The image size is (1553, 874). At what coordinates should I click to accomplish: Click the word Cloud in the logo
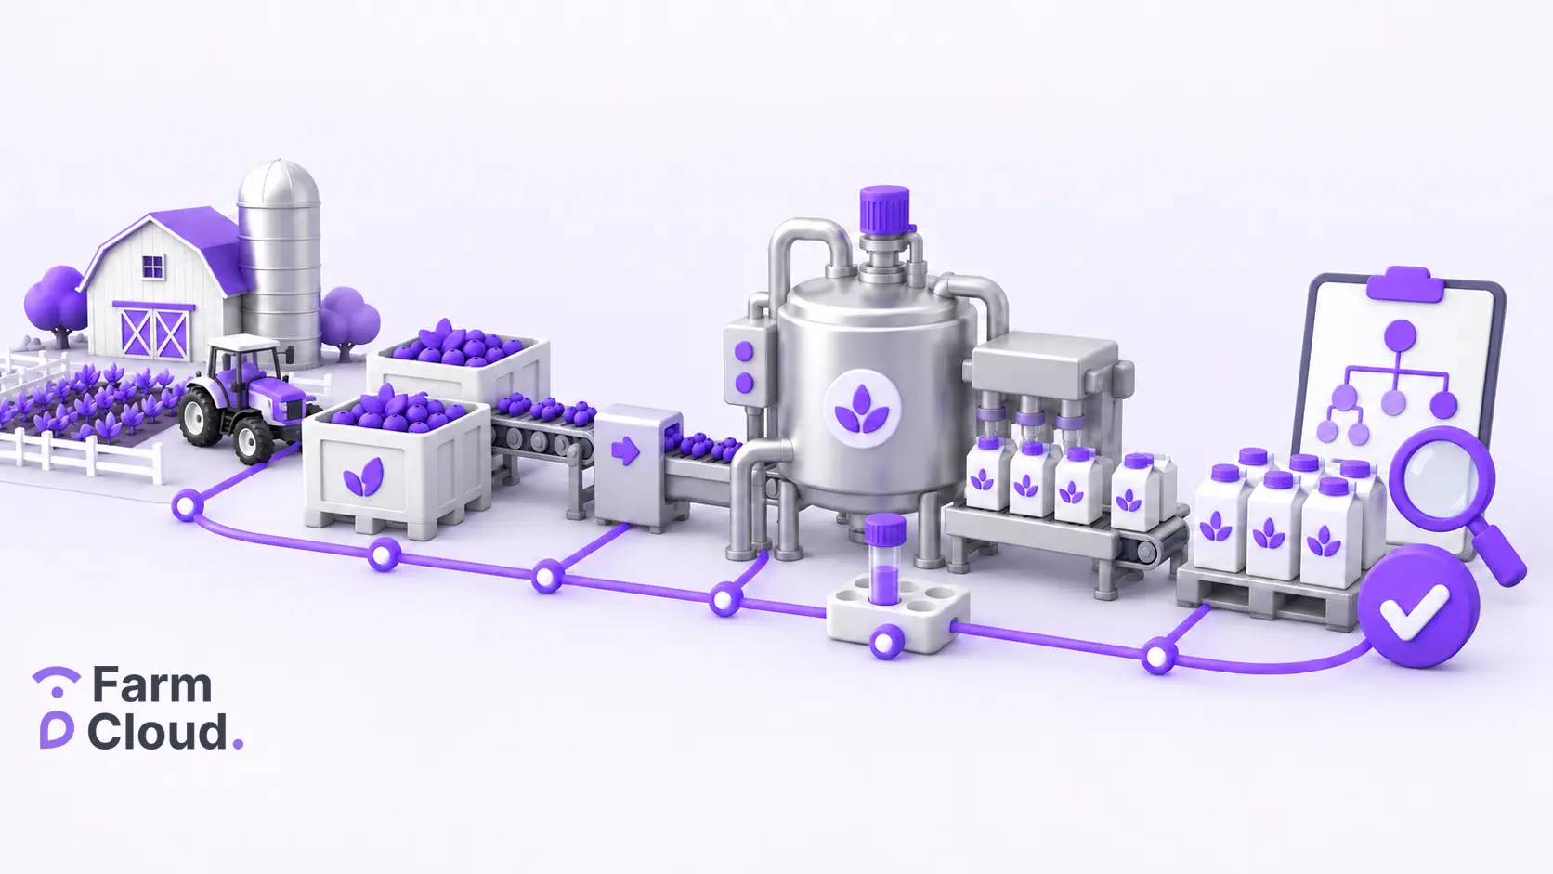tap(157, 731)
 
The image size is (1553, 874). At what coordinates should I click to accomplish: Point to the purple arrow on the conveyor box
tap(625, 451)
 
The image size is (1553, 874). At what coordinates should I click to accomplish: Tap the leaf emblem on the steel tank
tap(862, 409)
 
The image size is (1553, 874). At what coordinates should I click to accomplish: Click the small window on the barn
tap(152, 267)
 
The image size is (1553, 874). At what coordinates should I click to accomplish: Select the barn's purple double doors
tap(154, 332)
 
